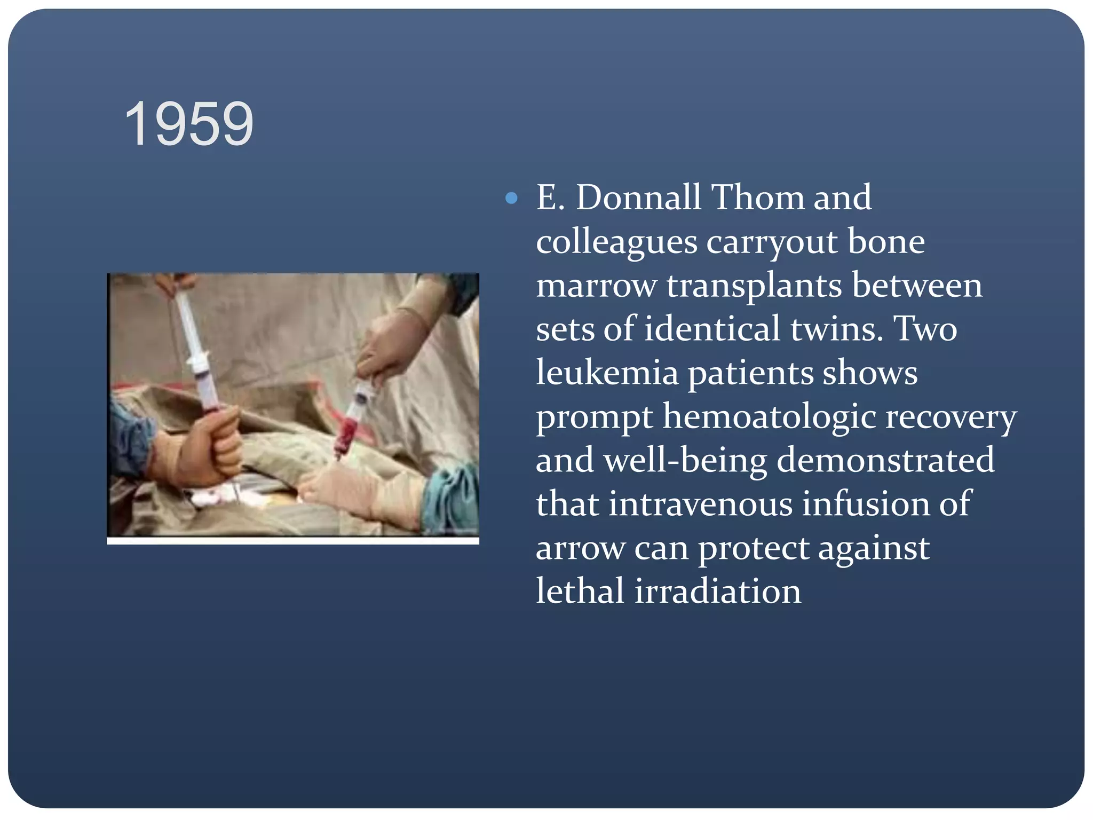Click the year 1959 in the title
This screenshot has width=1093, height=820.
click(x=189, y=124)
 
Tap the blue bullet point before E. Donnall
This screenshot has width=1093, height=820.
click(x=511, y=199)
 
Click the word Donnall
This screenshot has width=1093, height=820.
click(x=638, y=198)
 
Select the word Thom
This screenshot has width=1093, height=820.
click(x=758, y=198)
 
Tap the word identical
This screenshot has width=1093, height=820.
click(x=712, y=329)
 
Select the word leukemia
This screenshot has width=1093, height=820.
click(x=607, y=373)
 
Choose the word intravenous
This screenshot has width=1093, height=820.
click(x=700, y=504)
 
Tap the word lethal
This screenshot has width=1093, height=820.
click(x=580, y=592)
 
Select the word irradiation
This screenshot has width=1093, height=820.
click(x=718, y=592)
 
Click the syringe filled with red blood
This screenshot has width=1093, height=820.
click(x=352, y=422)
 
